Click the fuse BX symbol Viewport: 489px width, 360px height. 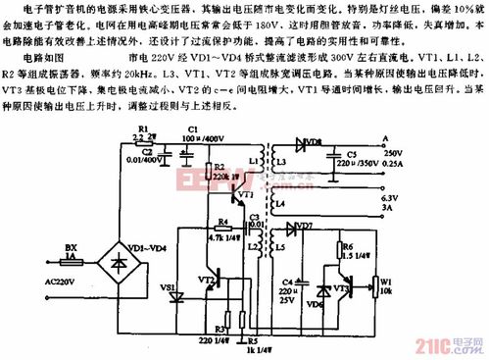(71, 253)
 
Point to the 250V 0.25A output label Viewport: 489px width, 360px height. (393, 159)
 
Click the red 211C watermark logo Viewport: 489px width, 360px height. (431, 344)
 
